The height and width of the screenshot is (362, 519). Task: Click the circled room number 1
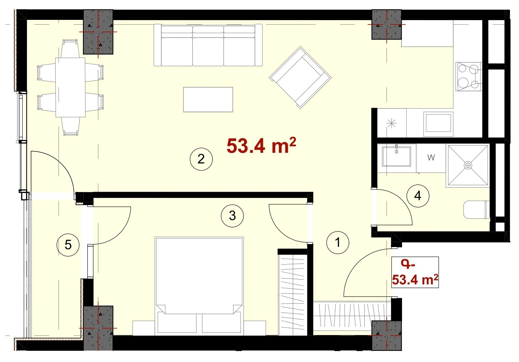338,242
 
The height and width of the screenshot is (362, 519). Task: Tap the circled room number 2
201,159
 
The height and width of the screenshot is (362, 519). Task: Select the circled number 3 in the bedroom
232,216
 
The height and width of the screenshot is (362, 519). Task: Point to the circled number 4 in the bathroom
418,196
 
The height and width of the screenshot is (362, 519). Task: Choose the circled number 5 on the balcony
68,245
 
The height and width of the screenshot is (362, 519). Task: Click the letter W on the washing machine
431,157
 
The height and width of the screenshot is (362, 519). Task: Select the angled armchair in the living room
300,78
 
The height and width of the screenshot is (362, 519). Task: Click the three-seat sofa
208,45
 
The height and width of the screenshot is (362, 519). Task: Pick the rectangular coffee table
208,99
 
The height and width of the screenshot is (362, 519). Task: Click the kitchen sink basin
438,124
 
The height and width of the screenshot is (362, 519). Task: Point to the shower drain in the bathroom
468,165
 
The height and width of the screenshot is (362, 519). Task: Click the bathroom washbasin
396,156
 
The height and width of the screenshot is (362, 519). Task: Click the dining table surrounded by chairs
70,87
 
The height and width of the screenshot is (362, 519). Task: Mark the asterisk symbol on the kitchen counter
391,123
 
